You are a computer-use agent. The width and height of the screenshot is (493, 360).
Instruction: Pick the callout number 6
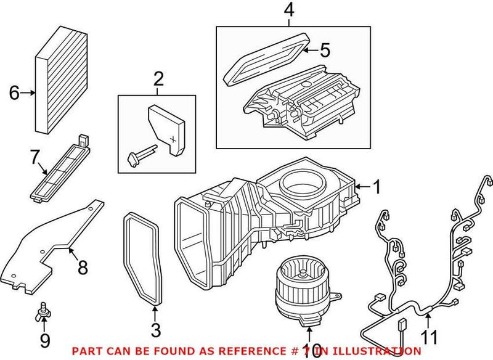[14, 93]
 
